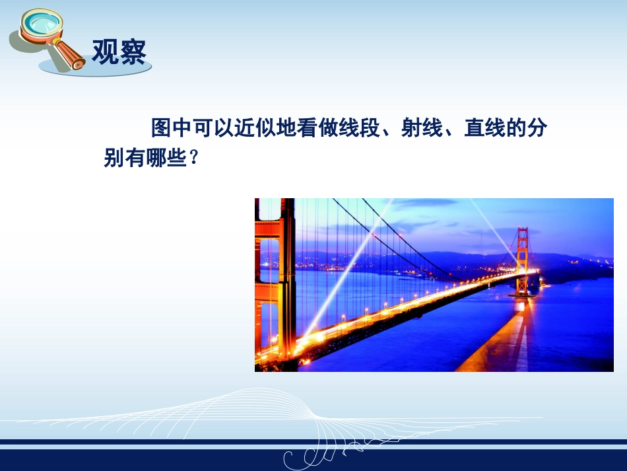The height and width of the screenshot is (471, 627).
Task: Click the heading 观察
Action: point(118,51)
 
